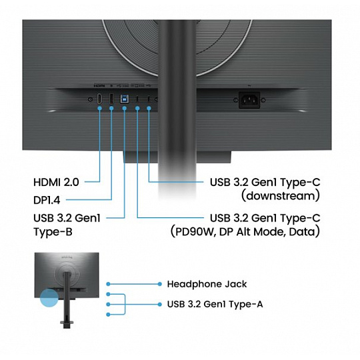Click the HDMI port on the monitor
[99, 99]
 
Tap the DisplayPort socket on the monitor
[111, 99]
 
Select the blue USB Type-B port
[124, 99]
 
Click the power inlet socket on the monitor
[249, 100]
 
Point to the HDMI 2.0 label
[56, 182]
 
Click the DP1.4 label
[47, 200]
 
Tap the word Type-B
[53, 231]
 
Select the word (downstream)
[280, 196]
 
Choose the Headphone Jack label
[207, 284]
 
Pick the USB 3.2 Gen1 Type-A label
[215, 304]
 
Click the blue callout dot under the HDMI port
[99, 108]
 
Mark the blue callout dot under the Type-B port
[125, 108]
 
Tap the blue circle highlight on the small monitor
[49, 298]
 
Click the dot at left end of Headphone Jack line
[109, 284]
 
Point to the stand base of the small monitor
[67, 323]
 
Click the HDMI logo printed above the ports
[99, 85]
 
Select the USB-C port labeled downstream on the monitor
[149, 99]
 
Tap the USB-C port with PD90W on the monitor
[137, 99]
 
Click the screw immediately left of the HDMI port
[91, 99]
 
